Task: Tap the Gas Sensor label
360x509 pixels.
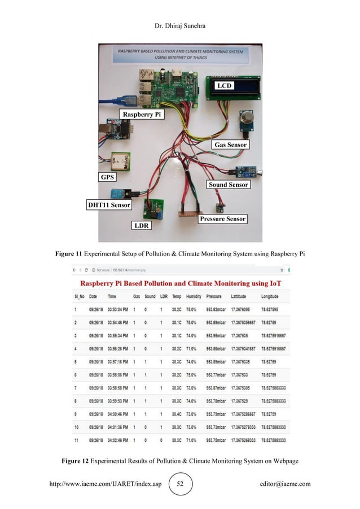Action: (230, 145)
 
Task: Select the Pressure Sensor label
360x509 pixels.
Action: (223, 219)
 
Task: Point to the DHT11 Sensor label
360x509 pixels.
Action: (109, 205)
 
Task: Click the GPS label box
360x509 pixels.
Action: (107, 177)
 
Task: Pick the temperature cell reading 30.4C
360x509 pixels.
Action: (177, 414)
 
